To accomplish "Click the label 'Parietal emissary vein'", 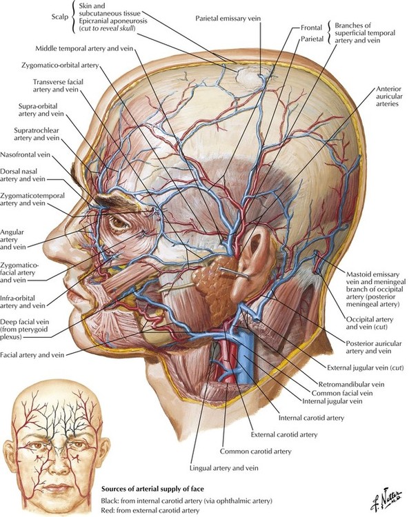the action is tap(228, 18).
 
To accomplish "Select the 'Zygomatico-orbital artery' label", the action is tap(60, 65).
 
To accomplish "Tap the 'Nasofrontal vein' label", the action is tap(25, 154).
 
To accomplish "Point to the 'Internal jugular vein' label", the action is tap(332, 401).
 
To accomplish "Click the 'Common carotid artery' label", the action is tap(256, 451).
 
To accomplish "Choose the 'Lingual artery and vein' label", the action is tap(224, 468).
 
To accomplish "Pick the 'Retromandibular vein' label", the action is tap(351, 384).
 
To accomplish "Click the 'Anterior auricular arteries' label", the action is tap(389, 97).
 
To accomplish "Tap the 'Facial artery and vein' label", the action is tap(32, 355).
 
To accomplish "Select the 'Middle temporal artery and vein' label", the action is tap(84, 48).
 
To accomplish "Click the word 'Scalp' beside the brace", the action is tap(59, 17).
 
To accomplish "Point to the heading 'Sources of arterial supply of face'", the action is tap(152, 489).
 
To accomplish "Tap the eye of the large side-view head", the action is tap(119, 222).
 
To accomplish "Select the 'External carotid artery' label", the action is tap(284, 434).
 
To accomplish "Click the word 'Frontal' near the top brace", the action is tap(311, 28).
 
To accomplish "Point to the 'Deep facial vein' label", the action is tap(24, 329).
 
